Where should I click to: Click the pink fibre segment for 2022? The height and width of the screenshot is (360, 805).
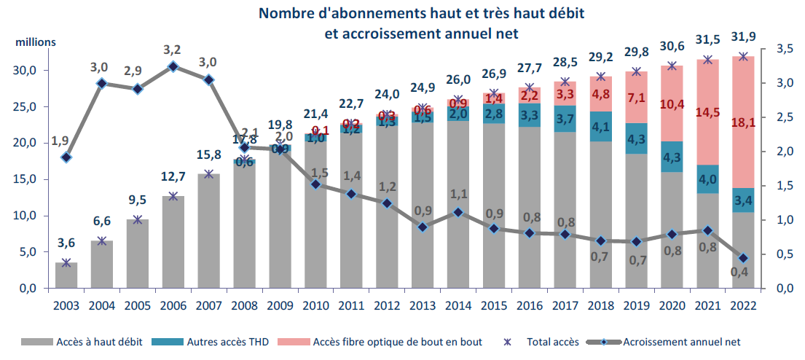point(743,146)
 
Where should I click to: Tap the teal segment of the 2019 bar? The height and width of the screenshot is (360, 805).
point(636,138)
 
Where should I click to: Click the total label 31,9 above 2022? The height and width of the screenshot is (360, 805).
point(743,39)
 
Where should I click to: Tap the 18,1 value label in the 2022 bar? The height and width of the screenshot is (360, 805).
point(743,124)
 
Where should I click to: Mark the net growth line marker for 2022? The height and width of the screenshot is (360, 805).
point(743,258)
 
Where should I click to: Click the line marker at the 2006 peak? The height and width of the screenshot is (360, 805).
point(173,67)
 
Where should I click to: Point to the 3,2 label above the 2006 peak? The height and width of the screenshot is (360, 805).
point(173,50)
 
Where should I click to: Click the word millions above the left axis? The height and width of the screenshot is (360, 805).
point(36,42)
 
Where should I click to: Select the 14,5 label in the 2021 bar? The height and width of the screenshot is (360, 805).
point(707,114)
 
